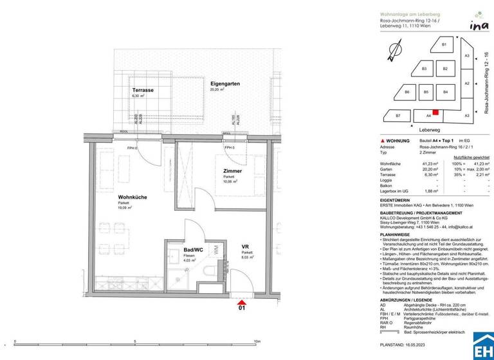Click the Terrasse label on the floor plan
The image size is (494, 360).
tap(143, 90)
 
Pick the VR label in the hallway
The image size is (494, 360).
tap(245, 246)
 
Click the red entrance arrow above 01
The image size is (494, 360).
tap(241, 303)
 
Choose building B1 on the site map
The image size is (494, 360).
tap(444, 44)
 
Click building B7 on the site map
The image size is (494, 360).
tap(398, 116)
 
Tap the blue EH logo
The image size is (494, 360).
tap(483, 345)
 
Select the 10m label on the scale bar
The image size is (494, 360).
tap(257, 341)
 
